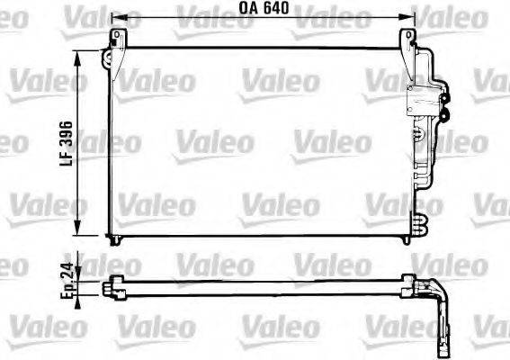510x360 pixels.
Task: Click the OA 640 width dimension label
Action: tap(264, 10)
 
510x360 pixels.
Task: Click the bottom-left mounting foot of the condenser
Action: tap(113, 238)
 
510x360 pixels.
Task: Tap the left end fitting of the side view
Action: tap(109, 289)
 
